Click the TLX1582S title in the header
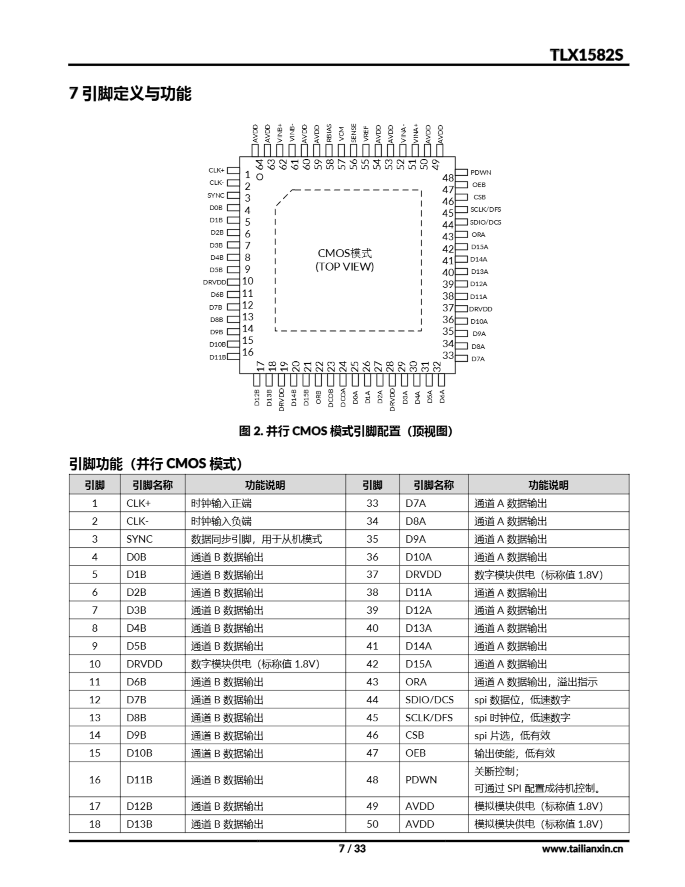click(586, 55)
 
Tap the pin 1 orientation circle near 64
click(260, 177)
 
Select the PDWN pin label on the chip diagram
click(480, 172)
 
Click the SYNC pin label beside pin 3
click(216, 195)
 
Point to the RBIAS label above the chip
click(329, 133)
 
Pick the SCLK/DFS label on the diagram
click(485, 210)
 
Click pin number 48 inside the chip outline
click(448, 178)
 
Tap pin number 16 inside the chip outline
click(248, 352)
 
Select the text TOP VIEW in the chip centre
click(344, 267)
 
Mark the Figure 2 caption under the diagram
click(345, 431)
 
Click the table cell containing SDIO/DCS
click(429, 700)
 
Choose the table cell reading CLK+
click(139, 503)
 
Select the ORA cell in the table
click(416, 682)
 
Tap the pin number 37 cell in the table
click(372, 575)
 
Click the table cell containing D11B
click(139, 780)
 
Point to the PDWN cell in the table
click(421, 780)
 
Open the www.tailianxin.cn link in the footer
click(582, 849)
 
